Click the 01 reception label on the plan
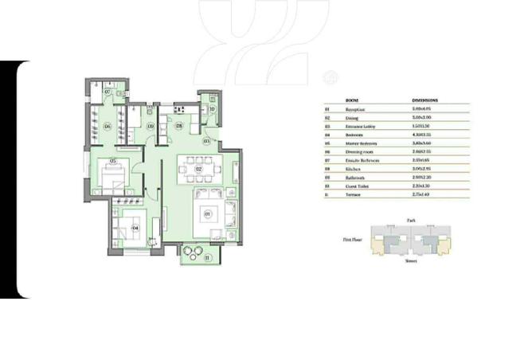tap(208, 213)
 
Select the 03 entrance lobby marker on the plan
tap(207, 141)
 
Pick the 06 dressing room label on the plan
tap(106, 125)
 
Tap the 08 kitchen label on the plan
tap(179, 125)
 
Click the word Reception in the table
tap(356, 108)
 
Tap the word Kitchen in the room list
tap(353, 169)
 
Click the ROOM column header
tap(351, 100)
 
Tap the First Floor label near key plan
tap(353, 238)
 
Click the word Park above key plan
tap(410, 218)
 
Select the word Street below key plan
tap(410, 260)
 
